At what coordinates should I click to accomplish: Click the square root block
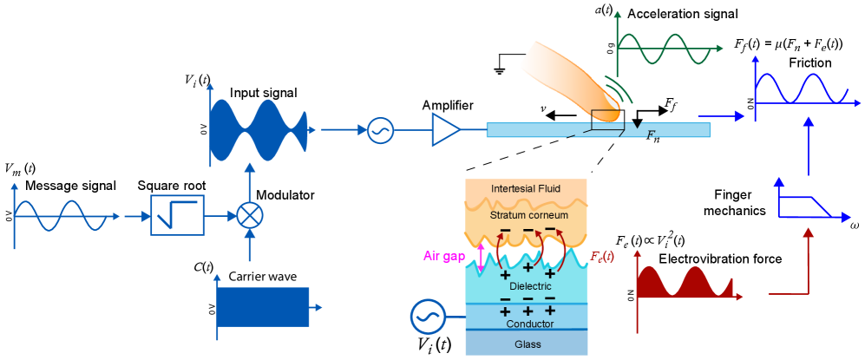178,215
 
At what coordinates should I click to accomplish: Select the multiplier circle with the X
250,215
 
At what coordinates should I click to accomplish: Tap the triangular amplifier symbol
445,130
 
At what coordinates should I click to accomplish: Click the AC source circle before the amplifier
380,130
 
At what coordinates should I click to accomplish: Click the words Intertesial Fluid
527,188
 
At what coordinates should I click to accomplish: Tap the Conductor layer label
529,324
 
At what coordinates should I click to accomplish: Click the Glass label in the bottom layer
528,344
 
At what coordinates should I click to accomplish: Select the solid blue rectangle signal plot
263,307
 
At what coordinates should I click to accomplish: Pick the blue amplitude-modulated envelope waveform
259,130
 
